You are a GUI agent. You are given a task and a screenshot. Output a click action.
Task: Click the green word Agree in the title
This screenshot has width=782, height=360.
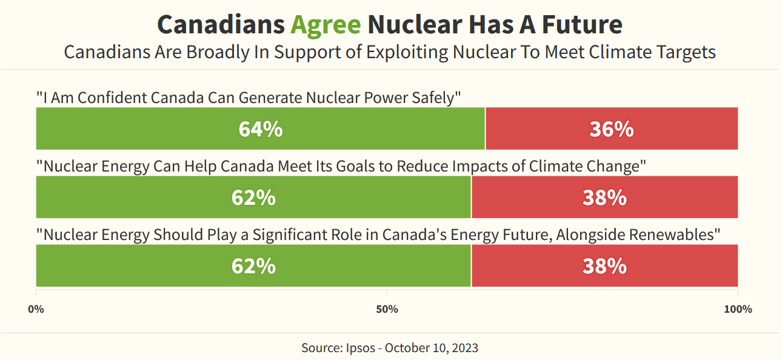click(326, 25)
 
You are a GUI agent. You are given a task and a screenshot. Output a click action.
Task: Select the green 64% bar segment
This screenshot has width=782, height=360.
click(182, 128)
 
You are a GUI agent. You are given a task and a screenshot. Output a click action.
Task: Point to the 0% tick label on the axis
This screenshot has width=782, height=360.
click(36, 310)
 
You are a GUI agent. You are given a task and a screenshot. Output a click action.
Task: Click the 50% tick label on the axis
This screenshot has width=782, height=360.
click(387, 310)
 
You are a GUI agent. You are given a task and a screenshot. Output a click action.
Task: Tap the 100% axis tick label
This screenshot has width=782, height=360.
click(737, 310)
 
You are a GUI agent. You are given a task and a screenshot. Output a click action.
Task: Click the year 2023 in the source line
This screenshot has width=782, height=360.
click(466, 348)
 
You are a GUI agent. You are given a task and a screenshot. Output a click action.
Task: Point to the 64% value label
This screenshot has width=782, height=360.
click(260, 129)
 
